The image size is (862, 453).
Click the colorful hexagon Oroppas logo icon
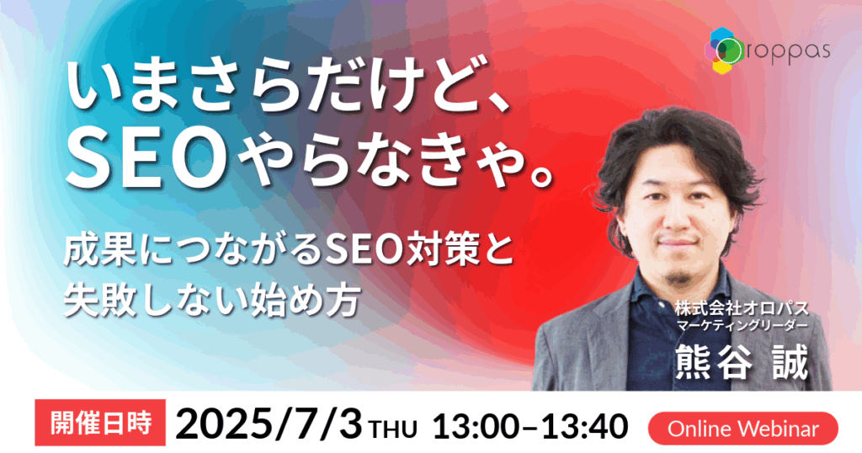pos(725,50)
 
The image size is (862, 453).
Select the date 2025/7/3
pos(269,425)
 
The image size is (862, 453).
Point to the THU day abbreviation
pos(393,429)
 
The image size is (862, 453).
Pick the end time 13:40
pos(586,427)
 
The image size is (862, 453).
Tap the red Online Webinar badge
pos(743,429)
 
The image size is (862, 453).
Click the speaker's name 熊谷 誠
pos(742,361)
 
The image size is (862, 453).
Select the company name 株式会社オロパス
pos(742,308)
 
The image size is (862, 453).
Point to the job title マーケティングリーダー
pos(742,326)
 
